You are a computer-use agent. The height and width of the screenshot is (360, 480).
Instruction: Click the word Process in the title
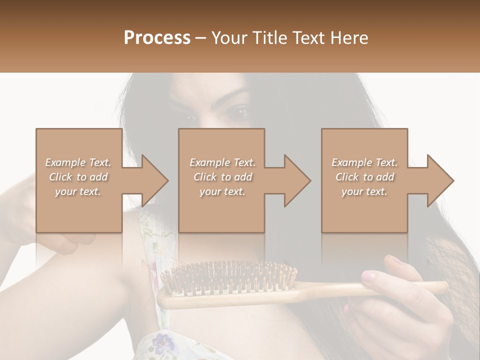[x=157, y=38]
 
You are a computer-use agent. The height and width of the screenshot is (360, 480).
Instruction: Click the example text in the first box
[x=78, y=177]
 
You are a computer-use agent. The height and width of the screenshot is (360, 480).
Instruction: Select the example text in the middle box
[x=222, y=177]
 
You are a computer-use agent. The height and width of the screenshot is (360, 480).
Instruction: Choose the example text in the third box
[x=364, y=177]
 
